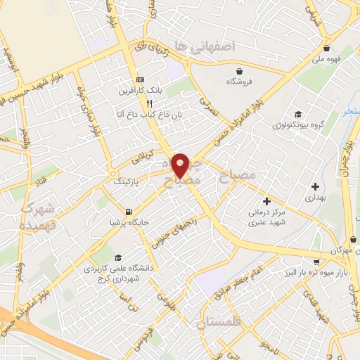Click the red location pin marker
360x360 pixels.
click(181, 165)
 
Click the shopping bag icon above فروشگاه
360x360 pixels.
click(240, 70)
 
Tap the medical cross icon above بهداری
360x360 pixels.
click(315, 186)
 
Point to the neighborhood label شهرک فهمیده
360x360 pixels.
click(37, 217)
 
